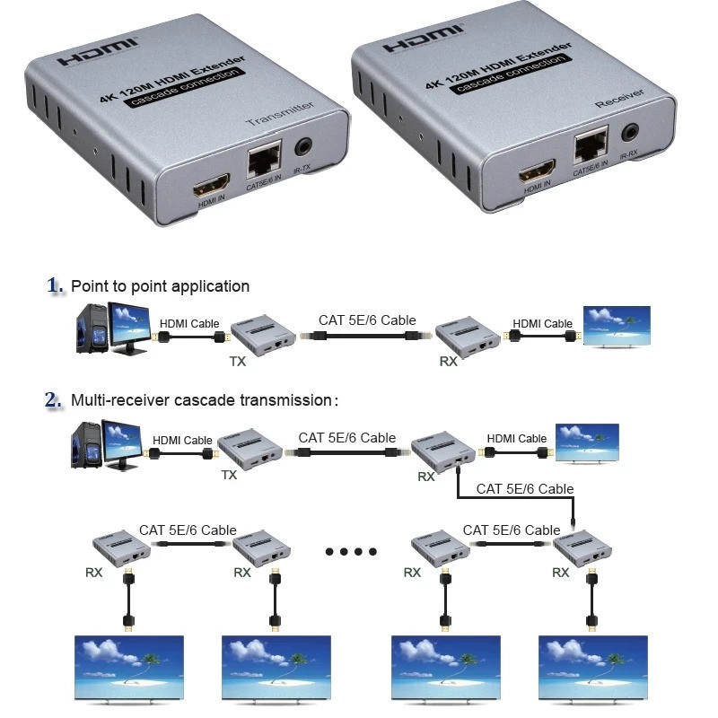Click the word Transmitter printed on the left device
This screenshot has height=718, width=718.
pyautogui.click(x=279, y=113)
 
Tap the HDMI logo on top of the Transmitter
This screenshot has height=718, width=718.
pyautogui.click(x=98, y=50)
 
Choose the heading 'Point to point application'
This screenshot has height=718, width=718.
pyautogui.click(x=160, y=286)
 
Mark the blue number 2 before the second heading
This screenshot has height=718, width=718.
pyautogui.click(x=55, y=400)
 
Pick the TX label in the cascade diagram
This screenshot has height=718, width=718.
pyautogui.click(x=229, y=475)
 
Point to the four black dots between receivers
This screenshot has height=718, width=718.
pyautogui.click(x=350, y=551)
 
